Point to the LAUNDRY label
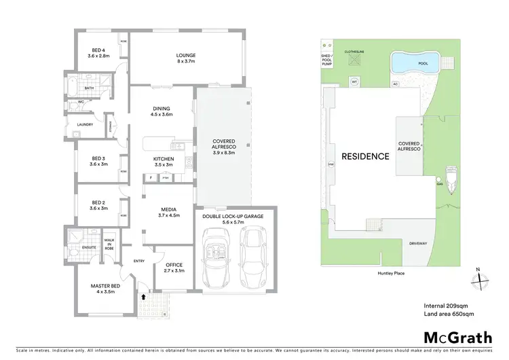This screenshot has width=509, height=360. [86, 124]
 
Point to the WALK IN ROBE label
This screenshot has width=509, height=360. [109, 244]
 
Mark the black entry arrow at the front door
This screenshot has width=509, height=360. [143, 296]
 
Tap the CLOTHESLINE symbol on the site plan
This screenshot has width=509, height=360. [354, 59]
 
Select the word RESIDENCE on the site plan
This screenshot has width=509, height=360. [365, 156]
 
